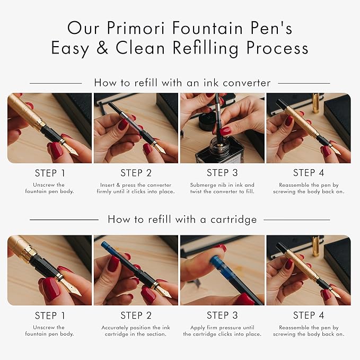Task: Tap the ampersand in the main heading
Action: point(102,48)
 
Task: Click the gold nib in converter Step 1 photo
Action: point(71,150)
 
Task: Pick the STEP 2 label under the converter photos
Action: point(136,173)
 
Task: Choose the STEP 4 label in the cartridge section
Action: point(309,315)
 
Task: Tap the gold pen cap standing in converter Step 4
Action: point(315,103)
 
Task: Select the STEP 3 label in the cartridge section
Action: point(222,315)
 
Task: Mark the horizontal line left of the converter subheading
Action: point(56,83)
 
